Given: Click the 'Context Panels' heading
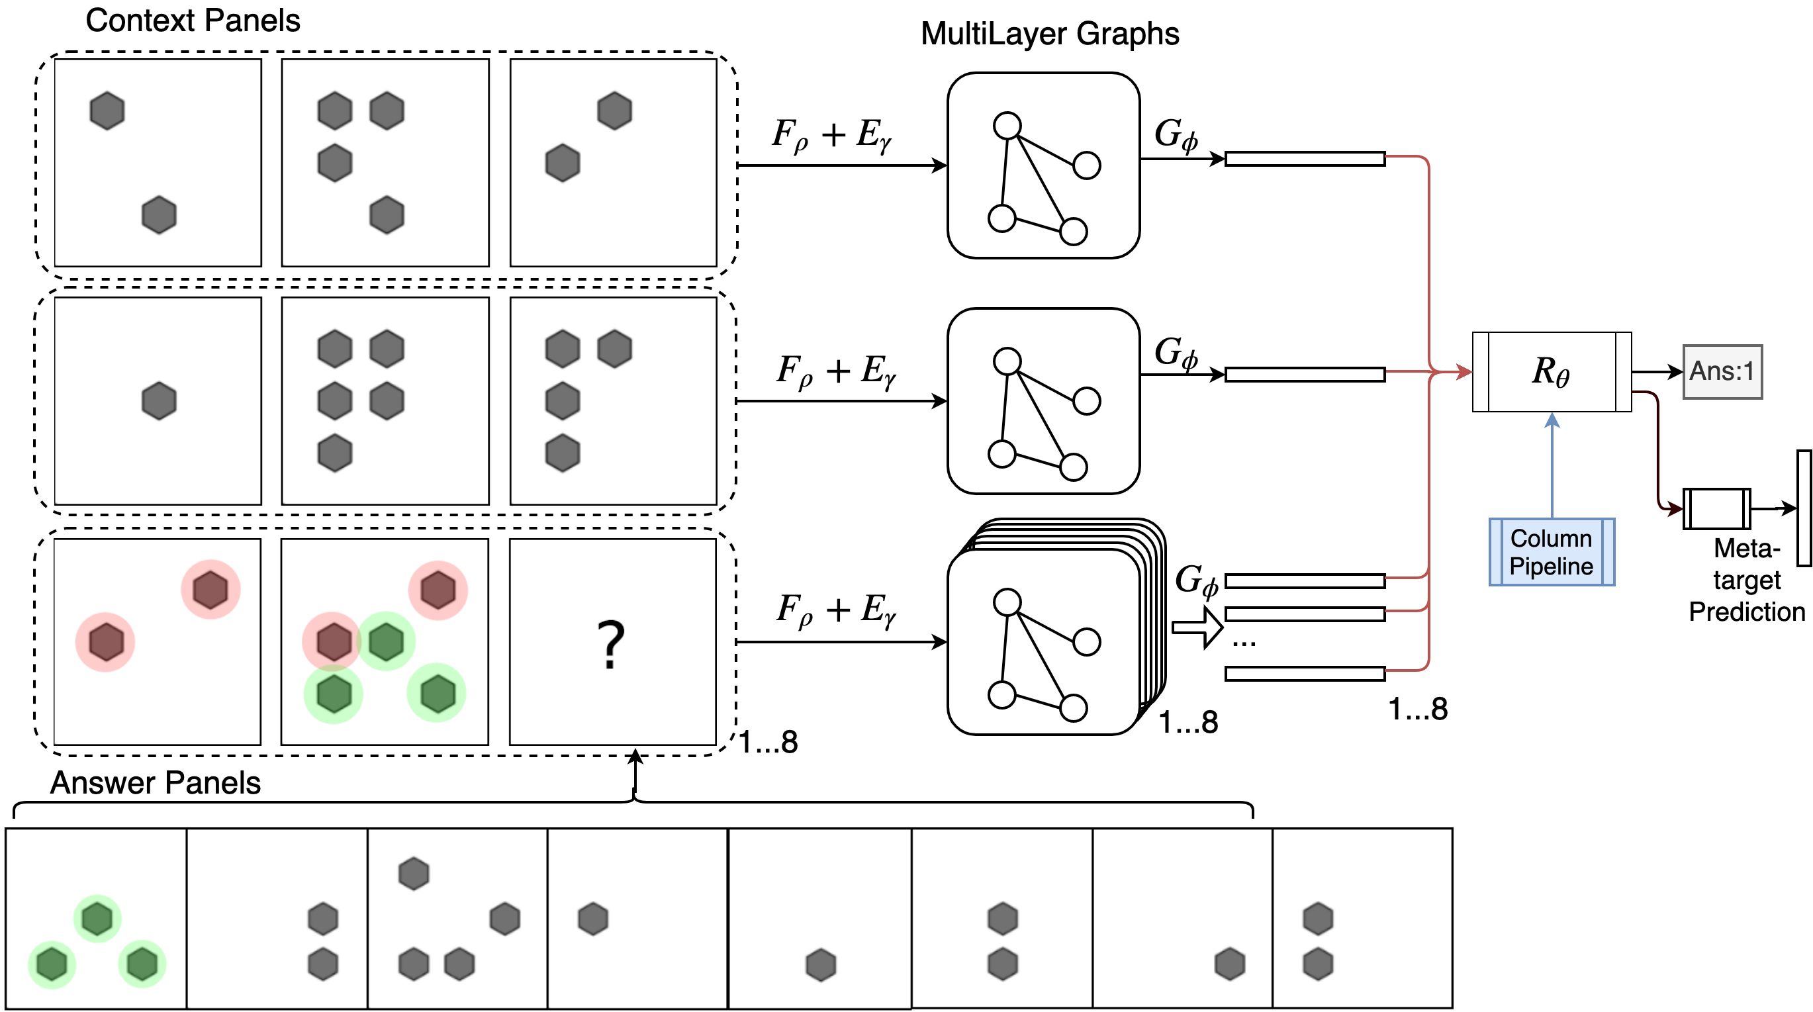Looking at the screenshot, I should coord(193,21).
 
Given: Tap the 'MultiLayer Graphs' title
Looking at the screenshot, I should coord(1049,34).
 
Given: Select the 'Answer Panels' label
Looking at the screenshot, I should coord(156,782).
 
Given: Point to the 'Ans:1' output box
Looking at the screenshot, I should coord(1722,371).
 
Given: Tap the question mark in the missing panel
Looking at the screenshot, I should coord(611,644).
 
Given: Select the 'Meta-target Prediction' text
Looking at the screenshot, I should coord(1747,580).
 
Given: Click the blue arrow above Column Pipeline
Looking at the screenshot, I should coord(1552,465).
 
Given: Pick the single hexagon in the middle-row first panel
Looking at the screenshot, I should coord(159,401).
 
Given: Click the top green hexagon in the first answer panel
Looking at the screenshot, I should coord(97,919).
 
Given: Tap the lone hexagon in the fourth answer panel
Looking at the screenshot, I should coord(592,919).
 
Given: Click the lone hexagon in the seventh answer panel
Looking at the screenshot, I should coord(1230,964).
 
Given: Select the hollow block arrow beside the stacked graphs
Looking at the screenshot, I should coord(1197,626).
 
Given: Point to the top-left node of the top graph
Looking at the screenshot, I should coord(1007,126).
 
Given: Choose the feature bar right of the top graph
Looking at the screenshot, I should coord(1305,159).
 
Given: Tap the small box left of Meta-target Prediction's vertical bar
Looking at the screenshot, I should coord(1716,509).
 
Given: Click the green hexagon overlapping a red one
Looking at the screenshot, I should coord(387,641).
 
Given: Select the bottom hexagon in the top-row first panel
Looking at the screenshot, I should coord(159,214).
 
